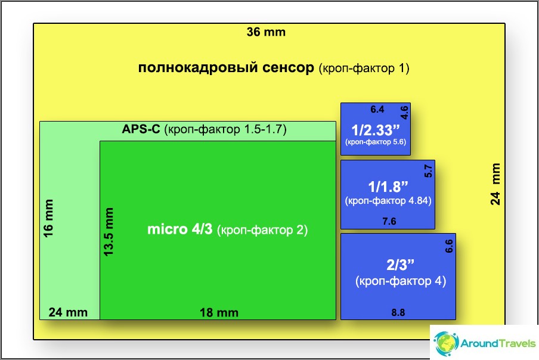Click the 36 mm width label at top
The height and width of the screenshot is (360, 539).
[266, 32]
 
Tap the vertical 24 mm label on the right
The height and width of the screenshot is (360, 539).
[495, 184]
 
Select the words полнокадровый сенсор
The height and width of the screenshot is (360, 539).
[226, 67]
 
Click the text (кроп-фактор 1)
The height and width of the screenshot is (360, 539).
[364, 69]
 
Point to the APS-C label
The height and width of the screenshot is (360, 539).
[141, 129]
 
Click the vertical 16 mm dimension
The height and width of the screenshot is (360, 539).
[48, 218]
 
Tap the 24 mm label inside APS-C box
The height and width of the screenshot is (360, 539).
[68, 312]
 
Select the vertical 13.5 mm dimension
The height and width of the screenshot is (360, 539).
[109, 232]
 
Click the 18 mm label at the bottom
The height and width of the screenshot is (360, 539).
[219, 312]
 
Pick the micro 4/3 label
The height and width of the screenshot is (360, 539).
[180, 229]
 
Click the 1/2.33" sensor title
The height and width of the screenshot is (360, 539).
[376, 130]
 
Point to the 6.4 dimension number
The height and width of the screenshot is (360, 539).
[377, 110]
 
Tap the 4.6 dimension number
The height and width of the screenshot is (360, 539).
[404, 112]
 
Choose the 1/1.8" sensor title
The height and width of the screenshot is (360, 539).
[388, 187]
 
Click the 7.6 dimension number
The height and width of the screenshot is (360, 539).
[389, 221]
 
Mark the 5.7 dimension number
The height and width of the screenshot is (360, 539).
[428, 170]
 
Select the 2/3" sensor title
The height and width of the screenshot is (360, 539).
[401, 265]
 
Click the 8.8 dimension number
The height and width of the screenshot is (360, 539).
[398, 312]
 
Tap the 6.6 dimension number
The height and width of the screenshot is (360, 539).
[449, 246]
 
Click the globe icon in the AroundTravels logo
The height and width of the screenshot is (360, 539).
[446, 343]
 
